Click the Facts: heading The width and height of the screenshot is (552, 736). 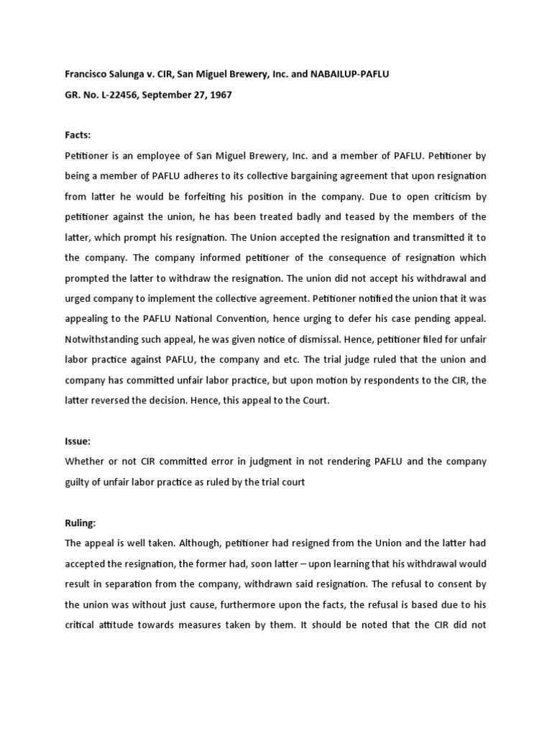pyautogui.click(x=77, y=134)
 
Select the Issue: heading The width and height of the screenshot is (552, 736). pyautogui.click(x=77, y=441)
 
